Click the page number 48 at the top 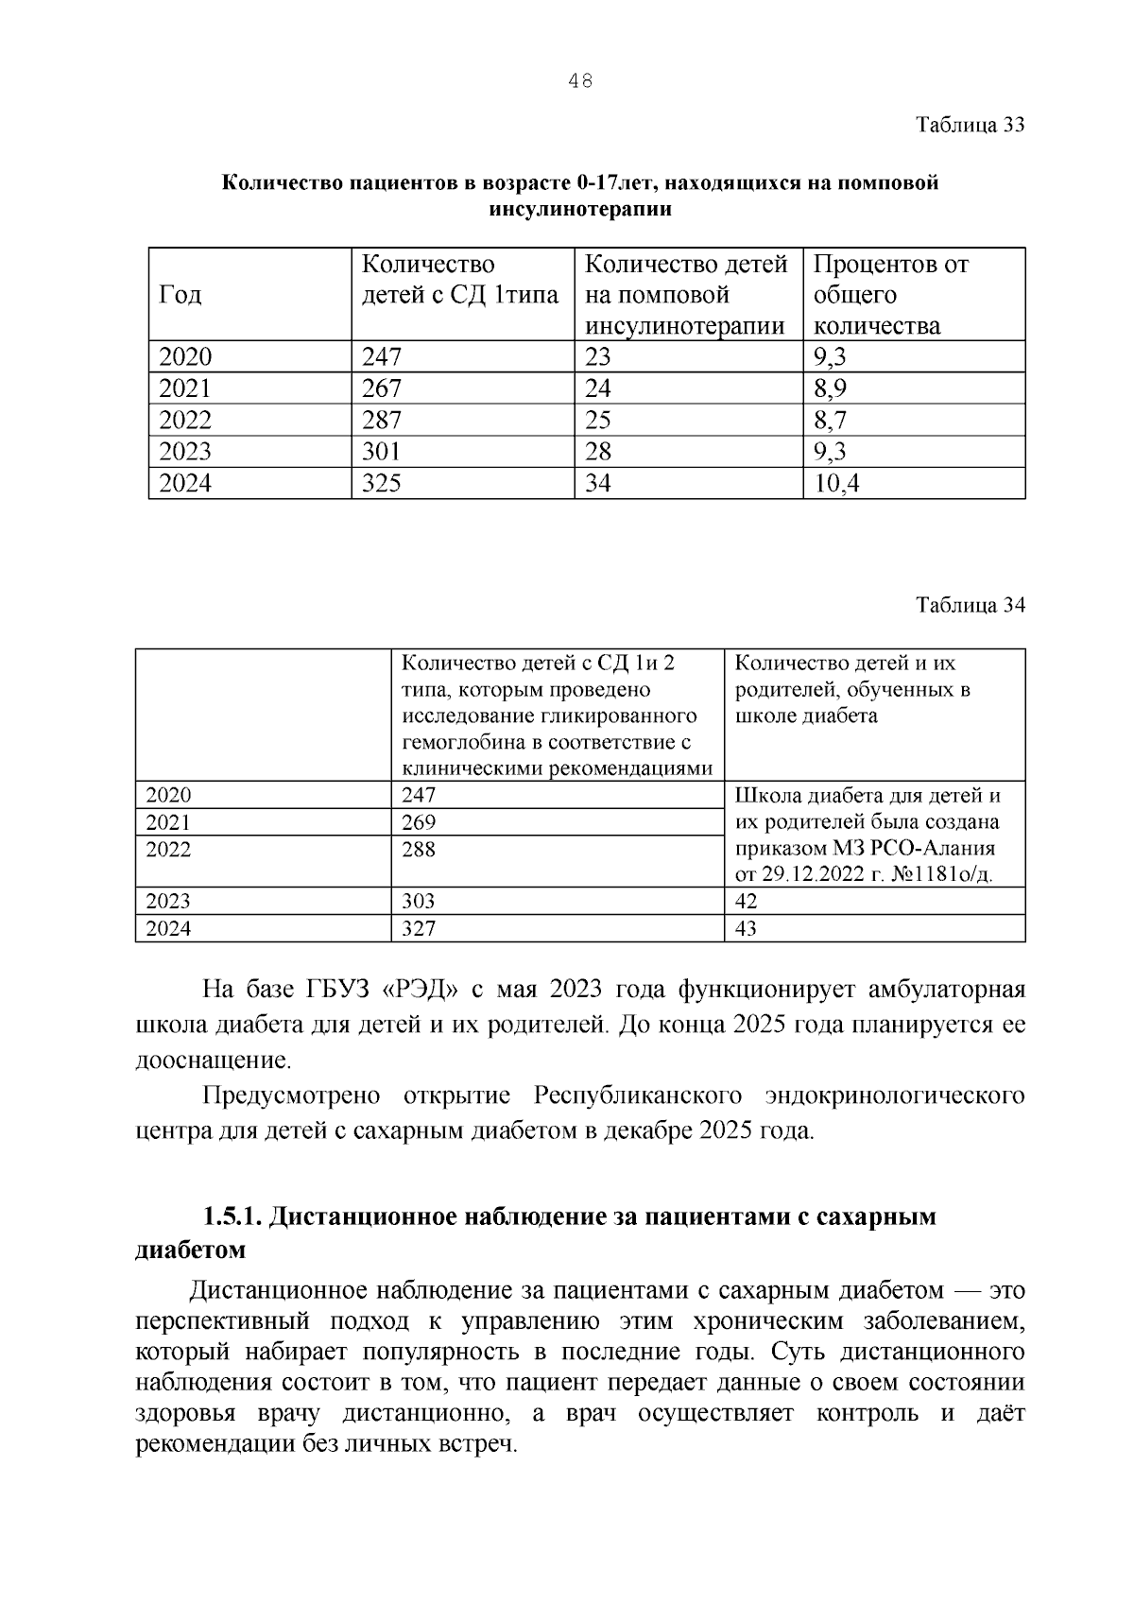pyautogui.click(x=580, y=81)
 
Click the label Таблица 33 pyautogui.click(x=971, y=125)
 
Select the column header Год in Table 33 pyautogui.click(x=180, y=295)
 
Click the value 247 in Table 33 pyautogui.click(x=382, y=356)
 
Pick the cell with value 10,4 pyautogui.click(x=837, y=484)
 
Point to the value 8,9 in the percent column pyautogui.click(x=830, y=388)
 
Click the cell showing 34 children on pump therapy pyautogui.click(x=598, y=484)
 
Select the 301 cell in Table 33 pyautogui.click(x=382, y=452)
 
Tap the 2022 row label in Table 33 pyautogui.click(x=185, y=420)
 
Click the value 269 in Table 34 pyautogui.click(x=419, y=822)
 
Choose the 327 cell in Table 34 pyautogui.click(x=419, y=928)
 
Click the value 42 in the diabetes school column pyautogui.click(x=746, y=901)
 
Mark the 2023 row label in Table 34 pyautogui.click(x=168, y=901)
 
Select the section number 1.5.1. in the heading pyautogui.click(x=232, y=1216)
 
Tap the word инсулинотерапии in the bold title pyautogui.click(x=580, y=209)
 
